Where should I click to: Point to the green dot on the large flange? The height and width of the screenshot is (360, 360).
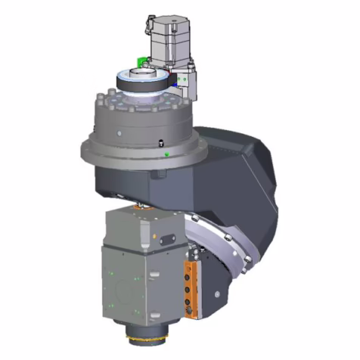(166, 154)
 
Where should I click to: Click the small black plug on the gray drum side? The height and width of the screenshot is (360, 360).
(161, 143)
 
